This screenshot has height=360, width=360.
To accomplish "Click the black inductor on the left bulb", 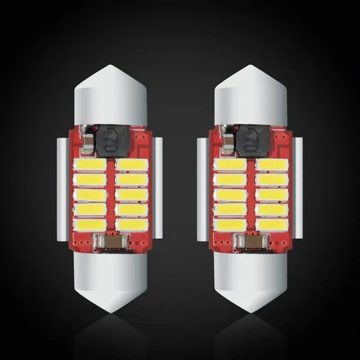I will [109, 138].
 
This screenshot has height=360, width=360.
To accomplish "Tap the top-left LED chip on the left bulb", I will [90, 165].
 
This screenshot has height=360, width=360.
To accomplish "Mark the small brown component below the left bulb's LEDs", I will [112, 243].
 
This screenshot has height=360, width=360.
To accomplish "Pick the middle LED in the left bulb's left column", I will [90, 194].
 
